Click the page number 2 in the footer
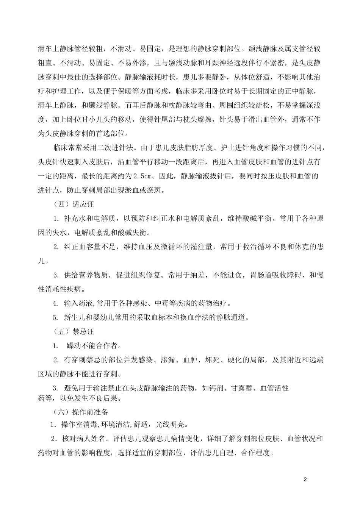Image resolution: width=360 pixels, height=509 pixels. pos(305,479)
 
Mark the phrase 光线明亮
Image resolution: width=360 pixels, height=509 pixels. pos(174,424)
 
